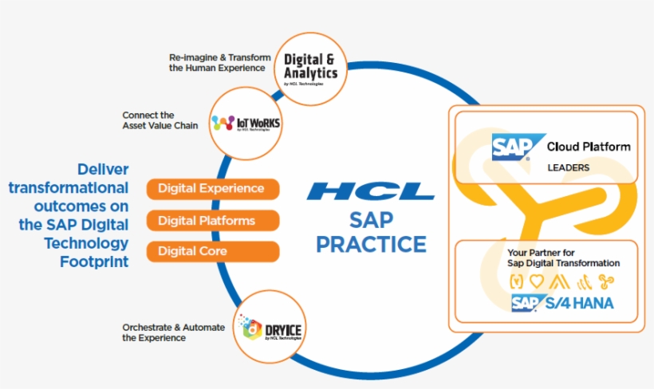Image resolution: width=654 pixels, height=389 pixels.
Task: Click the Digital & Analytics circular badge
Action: [310, 68]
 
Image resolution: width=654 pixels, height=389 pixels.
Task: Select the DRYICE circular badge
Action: [271, 326]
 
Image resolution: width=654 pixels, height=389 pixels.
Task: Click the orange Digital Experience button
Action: [212, 189]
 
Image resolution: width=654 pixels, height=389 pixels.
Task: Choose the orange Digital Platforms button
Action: [212, 220]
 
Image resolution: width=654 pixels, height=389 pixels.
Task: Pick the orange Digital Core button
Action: [212, 251]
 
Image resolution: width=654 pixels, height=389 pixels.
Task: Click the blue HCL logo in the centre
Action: [371, 191]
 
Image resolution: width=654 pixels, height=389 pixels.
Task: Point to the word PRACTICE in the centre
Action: [371, 243]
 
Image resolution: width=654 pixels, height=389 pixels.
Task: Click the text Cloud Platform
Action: [588, 147]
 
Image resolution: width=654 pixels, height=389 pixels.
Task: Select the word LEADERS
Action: [568, 168]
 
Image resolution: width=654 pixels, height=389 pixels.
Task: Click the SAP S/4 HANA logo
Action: [562, 303]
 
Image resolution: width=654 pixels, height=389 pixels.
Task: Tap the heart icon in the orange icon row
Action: [536, 280]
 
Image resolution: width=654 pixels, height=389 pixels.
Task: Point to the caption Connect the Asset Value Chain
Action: [160, 120]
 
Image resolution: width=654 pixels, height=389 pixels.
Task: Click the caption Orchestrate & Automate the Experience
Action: [174, 332]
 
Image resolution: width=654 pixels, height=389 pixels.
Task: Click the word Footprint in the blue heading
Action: [94, 261]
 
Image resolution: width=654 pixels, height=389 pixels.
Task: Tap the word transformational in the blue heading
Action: [68, 188]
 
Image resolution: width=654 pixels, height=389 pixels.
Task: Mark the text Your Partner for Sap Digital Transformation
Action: [563, 257]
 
